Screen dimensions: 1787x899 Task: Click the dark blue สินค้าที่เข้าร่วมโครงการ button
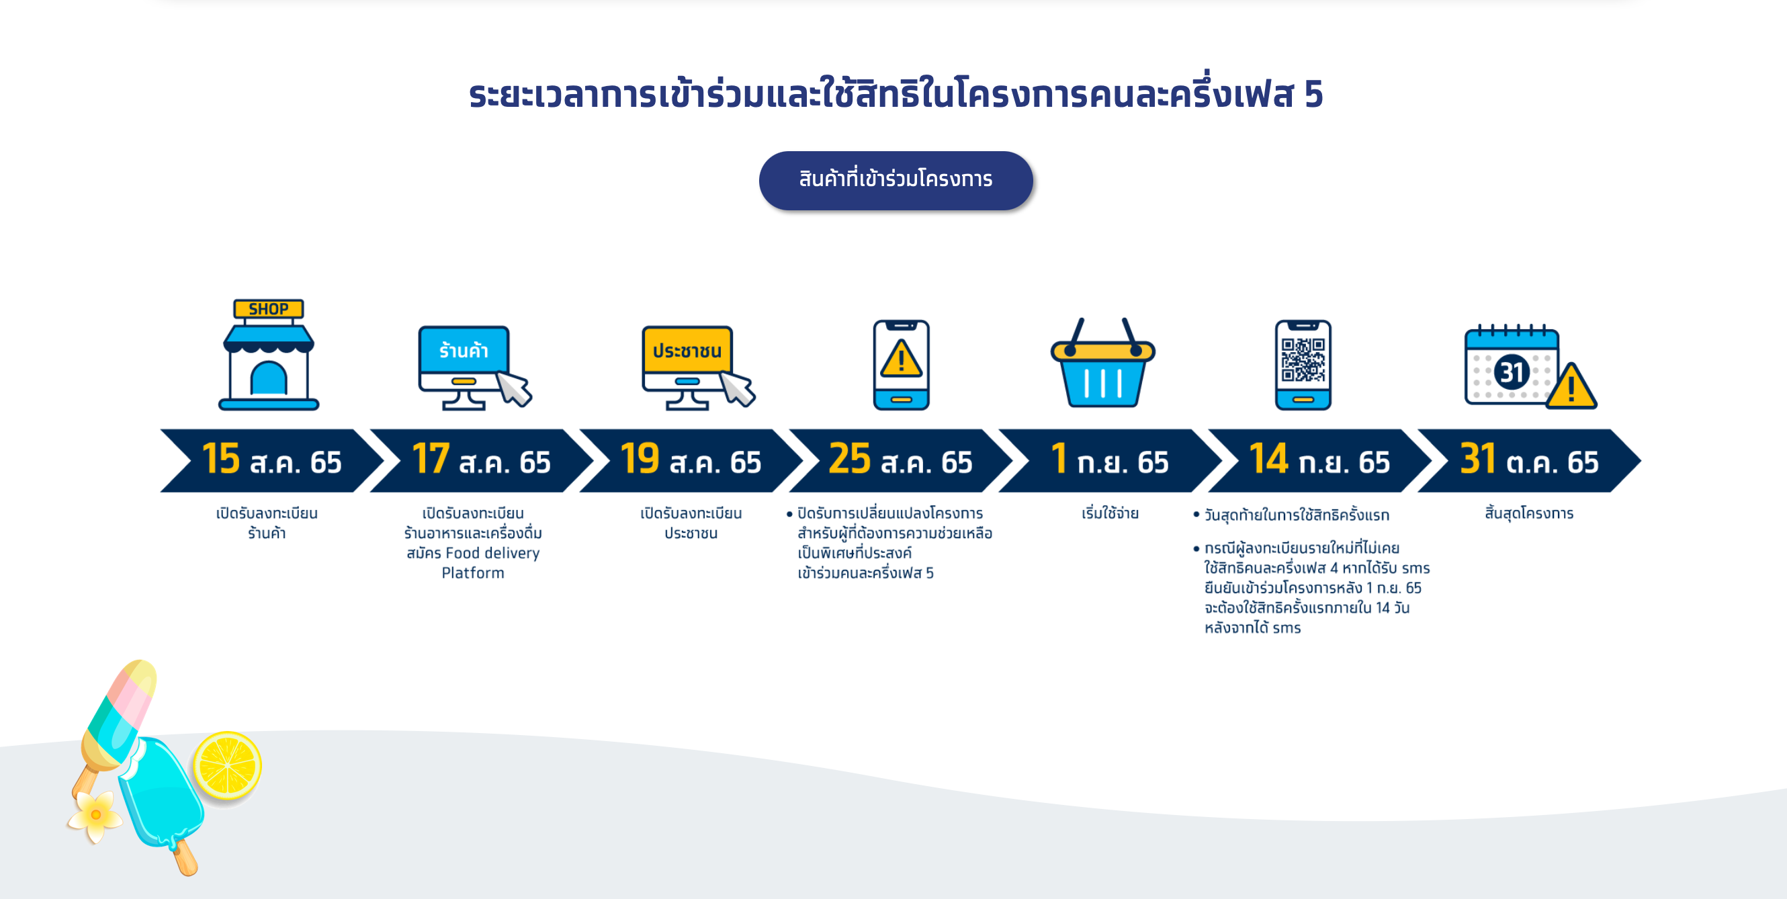pos(896,180)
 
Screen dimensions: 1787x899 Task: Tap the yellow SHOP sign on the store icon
pos(269,308)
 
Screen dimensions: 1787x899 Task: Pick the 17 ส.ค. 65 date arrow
pos(482,461)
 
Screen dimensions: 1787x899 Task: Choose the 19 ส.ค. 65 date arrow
pos(691,461)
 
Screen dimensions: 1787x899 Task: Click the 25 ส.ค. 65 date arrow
pos(900,461)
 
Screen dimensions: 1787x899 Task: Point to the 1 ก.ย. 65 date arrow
pos(1110,461)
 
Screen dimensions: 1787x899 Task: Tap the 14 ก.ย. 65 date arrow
pos(1319,461)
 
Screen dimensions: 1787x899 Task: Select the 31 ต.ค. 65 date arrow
pos(1529,461)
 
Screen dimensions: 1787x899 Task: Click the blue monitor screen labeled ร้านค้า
pos(464,350)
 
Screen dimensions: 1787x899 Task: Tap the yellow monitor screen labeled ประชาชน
pos(687,350)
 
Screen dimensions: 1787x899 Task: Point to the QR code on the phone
pos(1303,359)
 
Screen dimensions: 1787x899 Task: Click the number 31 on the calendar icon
pos(1512,372)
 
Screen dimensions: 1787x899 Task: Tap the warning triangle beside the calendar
pos(1571,386)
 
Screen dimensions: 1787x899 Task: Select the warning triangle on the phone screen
pos(901,359)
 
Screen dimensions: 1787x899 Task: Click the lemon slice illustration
pos(227,765)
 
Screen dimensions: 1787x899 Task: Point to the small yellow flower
pos(95,815)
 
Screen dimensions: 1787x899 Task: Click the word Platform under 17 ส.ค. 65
pos(473,573)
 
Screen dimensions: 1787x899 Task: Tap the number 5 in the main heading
pos(1313,94)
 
